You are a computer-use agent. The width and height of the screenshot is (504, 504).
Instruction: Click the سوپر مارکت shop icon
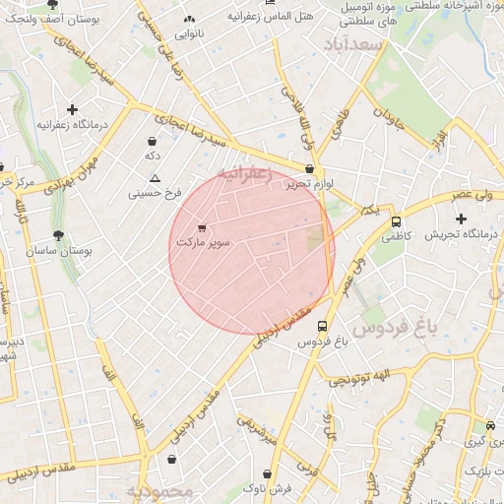pos(202,227)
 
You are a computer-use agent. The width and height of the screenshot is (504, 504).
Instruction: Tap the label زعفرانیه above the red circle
pos(243,174)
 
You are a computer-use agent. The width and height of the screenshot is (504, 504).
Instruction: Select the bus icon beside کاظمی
pos(396,222)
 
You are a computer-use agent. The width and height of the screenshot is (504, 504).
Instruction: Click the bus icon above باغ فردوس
pos(321,327)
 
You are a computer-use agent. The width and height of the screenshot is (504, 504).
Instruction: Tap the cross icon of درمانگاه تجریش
pos(461,219)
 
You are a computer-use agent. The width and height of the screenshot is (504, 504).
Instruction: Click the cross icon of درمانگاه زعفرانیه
pos(72,110)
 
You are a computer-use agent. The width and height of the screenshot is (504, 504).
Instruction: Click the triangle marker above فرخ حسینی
pos(155,179)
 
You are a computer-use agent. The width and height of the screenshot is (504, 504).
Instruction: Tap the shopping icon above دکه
pos(153,142)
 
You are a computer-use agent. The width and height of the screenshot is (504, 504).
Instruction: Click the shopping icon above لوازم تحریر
pos(310,169)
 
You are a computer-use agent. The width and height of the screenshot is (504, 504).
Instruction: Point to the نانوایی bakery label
pos(190,33)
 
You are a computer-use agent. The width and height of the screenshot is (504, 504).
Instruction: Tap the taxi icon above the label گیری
pos(490,426)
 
